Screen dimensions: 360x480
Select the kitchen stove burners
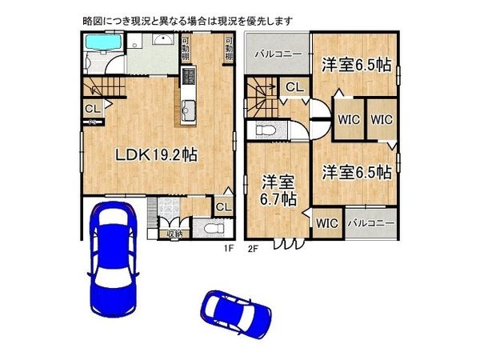[189, 77]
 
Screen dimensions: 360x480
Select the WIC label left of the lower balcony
[326, 223]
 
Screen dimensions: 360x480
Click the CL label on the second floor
[293, 88]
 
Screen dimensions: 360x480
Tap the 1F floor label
[227, 247]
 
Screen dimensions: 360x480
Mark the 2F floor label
[253, 247]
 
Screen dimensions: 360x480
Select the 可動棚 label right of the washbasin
[185, 49]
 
